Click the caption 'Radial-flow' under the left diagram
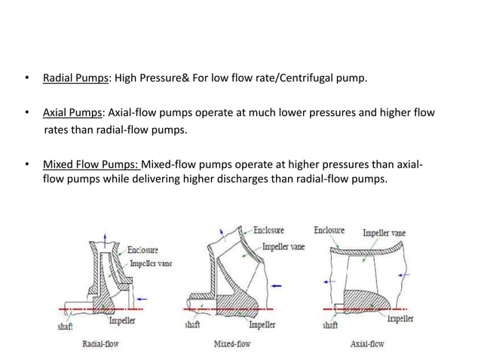pos(100,344)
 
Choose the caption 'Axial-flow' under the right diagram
pos(367,344)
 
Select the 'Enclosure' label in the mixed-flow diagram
pos(268,230)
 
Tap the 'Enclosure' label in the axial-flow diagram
pos(329,230)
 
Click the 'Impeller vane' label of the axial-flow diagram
pos(384,233)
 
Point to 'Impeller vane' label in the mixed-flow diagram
pos(283,247)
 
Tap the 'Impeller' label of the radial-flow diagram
pos(122,321)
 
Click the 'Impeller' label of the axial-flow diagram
pos(400,319)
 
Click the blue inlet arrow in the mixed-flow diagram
pos(278,285)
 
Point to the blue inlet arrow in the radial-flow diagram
pos(143,299)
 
